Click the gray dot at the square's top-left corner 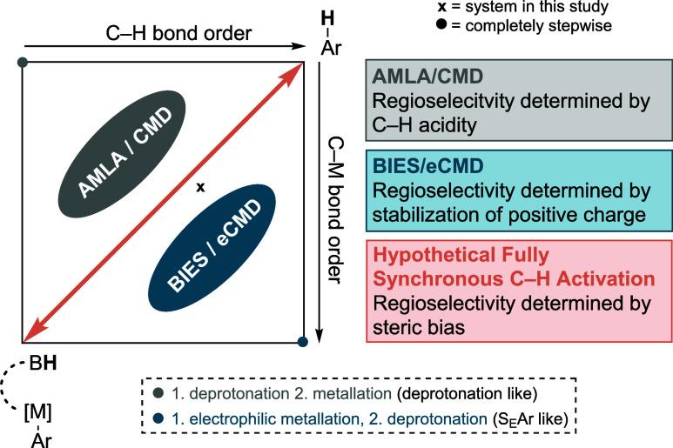click(23, 63)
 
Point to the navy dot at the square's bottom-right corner click(302, 342)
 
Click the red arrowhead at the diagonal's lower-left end click(30, 334)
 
